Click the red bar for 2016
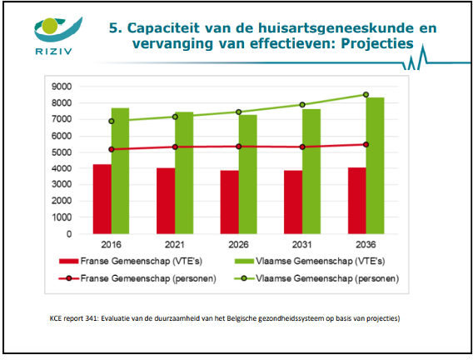coord(102,199)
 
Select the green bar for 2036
coord(375,166)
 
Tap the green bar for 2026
coord(247,174)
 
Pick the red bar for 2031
coord(293,202)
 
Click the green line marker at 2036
coord(366,95)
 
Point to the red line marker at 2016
coord(112,149)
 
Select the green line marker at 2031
coord(302,105)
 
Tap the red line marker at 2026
coord(239,147)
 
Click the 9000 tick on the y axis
coord(62,87)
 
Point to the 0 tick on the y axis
coord(69,234)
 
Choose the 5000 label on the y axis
coord(62,152)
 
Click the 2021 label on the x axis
coord(175,244)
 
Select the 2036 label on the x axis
coord(366,244)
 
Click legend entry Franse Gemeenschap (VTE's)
coord(131,261)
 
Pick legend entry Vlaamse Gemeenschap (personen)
coord(316,278)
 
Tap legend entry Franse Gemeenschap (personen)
coord(137,278)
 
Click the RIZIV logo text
coord(53,52)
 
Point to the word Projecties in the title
coord(377,43)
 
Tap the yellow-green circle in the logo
coord(50,26)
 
